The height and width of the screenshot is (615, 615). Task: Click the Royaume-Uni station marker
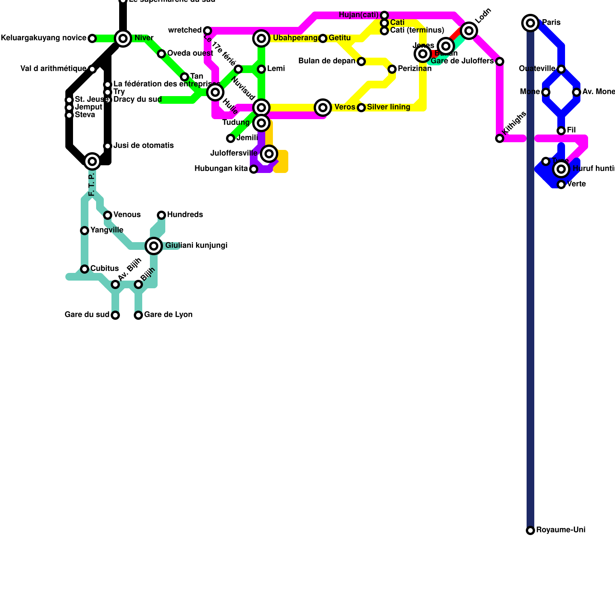coord(530,530)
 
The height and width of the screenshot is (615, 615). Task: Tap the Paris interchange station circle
coord(530,23)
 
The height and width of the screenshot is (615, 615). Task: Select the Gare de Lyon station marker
coord(138,315)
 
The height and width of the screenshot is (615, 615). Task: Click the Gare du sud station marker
coord(115,315)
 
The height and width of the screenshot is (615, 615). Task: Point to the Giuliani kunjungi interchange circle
coord(154,246)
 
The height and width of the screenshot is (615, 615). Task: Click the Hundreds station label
coord(185,215)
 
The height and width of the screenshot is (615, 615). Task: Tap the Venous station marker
coord(108,215)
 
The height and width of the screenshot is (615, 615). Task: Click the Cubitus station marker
coord(85,269)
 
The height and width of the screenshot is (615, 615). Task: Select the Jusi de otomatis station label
coord(143,146)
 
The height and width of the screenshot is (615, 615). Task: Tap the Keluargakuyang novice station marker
coord(92,38)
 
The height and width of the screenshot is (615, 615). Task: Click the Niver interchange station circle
coord(123,38)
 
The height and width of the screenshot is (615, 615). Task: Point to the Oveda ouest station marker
coord(161,54)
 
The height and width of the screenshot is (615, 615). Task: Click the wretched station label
coord(184,30)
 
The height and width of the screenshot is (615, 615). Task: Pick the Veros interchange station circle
coord(323,108)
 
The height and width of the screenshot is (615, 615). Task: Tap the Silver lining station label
coord(388,107)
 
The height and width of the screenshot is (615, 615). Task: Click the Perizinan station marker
coord(392,69)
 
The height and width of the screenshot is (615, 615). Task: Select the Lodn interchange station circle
coord(469,31)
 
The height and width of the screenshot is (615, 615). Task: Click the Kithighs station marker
coord(500,138)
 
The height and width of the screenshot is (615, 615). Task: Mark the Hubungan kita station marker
coord(254,169)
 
